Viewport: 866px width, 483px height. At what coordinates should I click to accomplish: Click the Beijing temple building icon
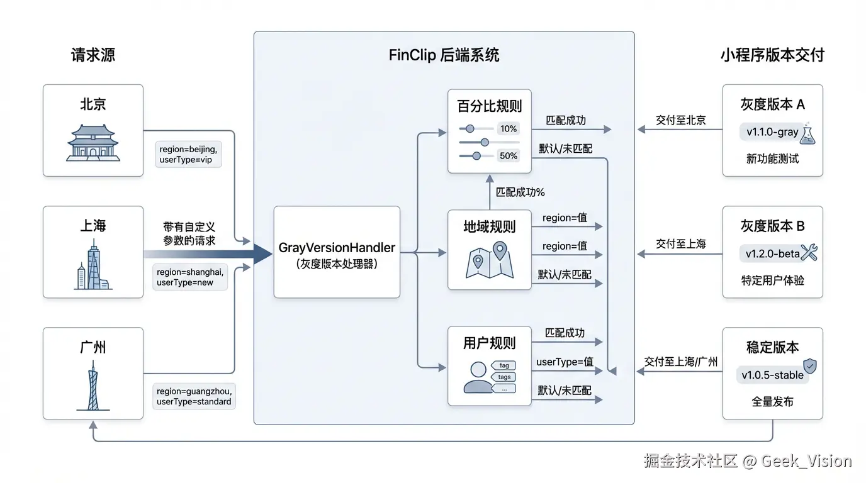tap(93, 143)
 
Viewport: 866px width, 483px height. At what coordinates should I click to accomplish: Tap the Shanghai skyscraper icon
tap(93, 267)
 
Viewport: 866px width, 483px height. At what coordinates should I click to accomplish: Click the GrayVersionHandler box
tap(337, 252)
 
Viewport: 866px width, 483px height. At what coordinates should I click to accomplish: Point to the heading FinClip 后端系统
tap(444, 55)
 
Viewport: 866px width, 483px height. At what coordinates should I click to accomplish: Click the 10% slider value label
tap(508, 129)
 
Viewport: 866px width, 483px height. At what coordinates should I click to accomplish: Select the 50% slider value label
tap(508, 155)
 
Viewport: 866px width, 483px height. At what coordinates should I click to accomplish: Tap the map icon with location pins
tap(490, 260)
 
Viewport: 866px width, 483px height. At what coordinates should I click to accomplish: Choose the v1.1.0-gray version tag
tap(772, 133)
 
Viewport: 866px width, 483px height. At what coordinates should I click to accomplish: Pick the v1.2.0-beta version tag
tap(772, 254)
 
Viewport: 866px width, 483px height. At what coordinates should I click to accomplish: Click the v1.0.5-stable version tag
tap(772, 375)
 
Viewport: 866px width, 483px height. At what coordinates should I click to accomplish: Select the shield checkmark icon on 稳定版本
tap(810, 365)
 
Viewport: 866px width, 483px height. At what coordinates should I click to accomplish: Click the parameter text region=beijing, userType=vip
tap(188, 155)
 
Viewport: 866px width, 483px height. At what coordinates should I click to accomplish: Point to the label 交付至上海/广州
tap(681, 362)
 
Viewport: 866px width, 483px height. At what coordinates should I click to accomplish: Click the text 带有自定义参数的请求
tap(189, 233)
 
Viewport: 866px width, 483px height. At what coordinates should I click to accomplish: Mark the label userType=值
tap(565, 362)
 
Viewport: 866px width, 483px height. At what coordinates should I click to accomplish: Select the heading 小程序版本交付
tap(772, 55)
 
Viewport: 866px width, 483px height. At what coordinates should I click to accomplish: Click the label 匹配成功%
tap(520, 192)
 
